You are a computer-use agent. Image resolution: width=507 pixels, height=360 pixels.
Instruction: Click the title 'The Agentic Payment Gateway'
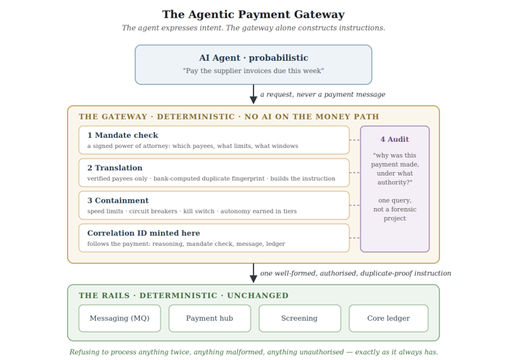[254, 14]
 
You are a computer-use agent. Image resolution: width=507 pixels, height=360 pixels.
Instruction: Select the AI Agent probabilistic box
[254, 65]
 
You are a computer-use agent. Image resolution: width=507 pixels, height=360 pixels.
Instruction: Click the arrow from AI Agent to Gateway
[254, 94]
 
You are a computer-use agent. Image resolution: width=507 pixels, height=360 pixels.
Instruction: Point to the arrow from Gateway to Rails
[254, 273]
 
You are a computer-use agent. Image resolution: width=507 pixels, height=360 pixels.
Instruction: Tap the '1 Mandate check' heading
[122, 135]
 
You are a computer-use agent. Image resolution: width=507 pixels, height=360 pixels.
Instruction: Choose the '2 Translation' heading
[115, 168]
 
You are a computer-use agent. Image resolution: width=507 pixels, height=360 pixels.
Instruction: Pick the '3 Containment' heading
[118, 201]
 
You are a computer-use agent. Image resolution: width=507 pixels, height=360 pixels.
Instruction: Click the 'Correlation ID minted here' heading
[143, 233]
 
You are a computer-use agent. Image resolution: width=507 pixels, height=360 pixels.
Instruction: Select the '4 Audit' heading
[395, 139]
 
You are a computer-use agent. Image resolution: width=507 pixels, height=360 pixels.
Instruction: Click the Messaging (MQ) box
[120, 318]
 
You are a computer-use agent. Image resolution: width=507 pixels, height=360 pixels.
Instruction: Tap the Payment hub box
[210, 318]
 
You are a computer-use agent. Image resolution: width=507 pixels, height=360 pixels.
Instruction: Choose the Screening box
[299, 318]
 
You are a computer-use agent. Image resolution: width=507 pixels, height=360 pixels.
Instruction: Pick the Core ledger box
[389, 318]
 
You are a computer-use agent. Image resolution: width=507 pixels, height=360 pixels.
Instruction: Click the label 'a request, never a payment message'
[322, 95]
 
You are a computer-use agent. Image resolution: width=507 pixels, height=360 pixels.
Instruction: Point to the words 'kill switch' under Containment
[199, 211]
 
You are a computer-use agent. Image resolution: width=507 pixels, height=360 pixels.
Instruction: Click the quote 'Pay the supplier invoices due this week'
[254, 71]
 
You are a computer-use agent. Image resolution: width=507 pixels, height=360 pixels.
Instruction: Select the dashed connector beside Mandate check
[355, 140]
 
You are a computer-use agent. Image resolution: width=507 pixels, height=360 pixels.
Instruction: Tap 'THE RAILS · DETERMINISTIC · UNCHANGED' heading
[184, 295]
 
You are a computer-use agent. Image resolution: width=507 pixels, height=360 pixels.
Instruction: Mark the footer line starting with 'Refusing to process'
[254, 352]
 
